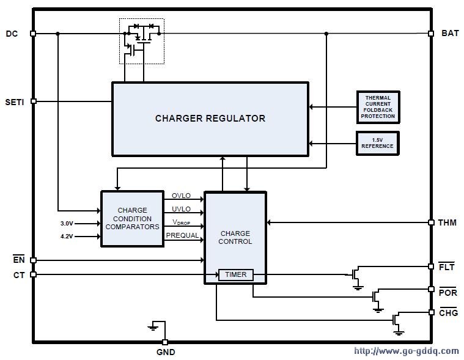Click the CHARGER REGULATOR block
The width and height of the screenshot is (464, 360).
[x=210, y=119]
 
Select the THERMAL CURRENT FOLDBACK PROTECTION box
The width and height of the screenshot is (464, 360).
[x=378, y=107]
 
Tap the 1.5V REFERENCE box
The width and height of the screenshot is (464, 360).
[x=378, y=144]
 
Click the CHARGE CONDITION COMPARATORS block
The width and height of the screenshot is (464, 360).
[x=132, y=219]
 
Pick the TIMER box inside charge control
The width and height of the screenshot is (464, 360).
[x=236, y=275]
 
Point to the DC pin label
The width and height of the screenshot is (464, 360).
[x=12, y=34]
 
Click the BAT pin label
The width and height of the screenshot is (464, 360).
[x=450, y=33]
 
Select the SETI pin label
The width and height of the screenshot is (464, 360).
[x=15, y=102]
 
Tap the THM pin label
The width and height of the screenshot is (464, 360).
[x=447, y=222]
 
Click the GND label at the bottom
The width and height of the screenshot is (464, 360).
[x=166, y=352]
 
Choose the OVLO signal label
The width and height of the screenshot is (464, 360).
[x=181, y=196]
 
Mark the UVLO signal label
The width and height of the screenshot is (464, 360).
[x=181, y=209]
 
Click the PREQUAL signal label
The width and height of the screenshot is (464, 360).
[x=182, y=235]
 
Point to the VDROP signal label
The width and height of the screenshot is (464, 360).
[x=181, y=222]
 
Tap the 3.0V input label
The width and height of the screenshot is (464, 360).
[x=67, y=224]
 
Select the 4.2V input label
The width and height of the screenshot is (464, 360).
[x=67, y=237]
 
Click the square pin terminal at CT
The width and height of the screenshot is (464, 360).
[x=34, y=274]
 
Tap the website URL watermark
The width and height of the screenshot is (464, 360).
[x=407, y=351]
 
